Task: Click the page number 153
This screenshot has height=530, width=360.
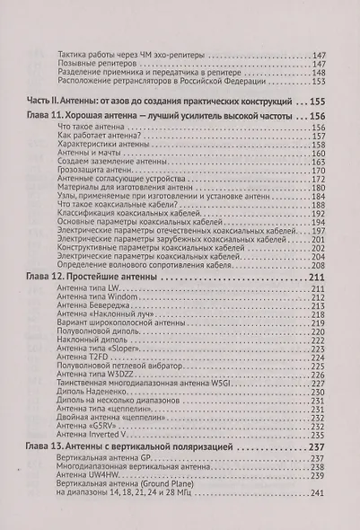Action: pos(314,82)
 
